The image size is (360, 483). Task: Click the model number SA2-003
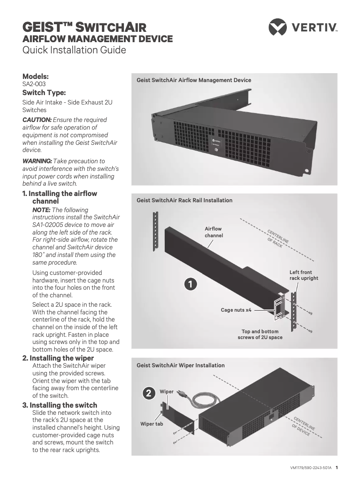34,84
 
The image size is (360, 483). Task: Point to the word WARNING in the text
37,161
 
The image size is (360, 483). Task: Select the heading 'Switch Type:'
44,93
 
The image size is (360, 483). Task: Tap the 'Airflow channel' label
214,232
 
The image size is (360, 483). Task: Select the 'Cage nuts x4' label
236,310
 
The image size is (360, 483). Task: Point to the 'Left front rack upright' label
303,275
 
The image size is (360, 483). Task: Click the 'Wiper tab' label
152,424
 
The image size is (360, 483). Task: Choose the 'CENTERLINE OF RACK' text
278,239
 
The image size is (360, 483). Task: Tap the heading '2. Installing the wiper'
58,358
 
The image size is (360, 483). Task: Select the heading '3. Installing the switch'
60,405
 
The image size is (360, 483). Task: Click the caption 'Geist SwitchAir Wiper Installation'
180,366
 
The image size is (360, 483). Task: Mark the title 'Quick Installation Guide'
74,50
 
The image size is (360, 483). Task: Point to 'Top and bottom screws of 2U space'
260,334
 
